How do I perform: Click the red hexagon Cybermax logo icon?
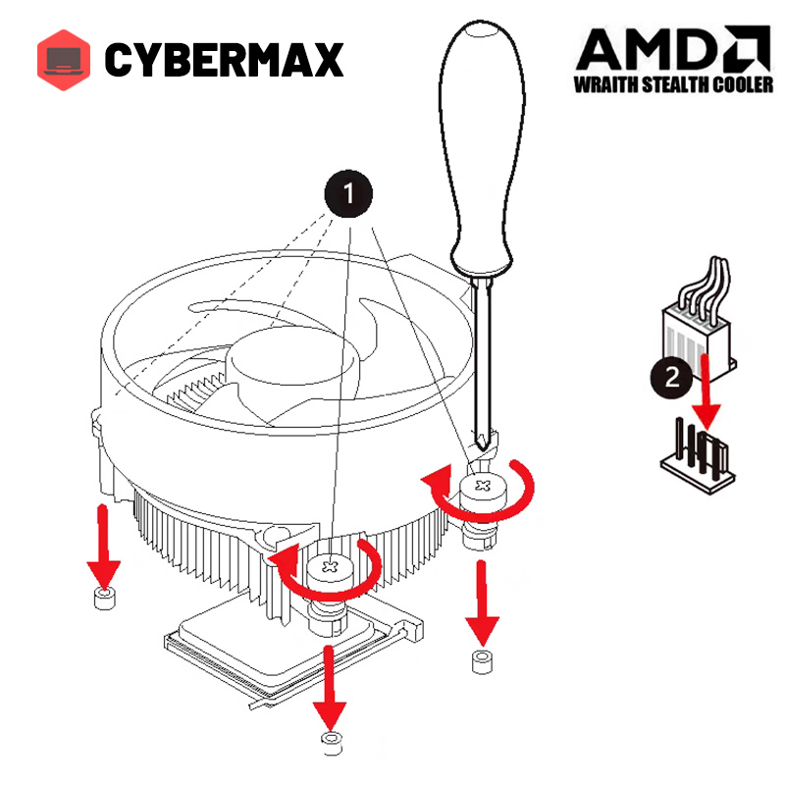coord(64,59)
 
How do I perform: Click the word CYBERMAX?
coord(224,60)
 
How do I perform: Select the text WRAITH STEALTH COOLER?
coord(673,84)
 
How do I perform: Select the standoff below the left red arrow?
coord(104,598)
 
